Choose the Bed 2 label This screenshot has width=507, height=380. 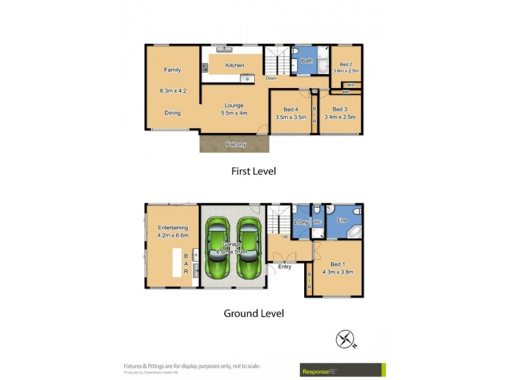point(346,64)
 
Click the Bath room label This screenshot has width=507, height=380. point(307,61)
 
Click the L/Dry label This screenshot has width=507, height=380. point(301,222)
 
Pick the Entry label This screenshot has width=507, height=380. point(285,267)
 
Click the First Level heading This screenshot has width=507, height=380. point(253,171)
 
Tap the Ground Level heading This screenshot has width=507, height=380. point(253,313)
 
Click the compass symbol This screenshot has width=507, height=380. point(346,341)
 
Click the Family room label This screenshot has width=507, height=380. point(172,70)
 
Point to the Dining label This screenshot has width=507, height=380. point(172,113)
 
